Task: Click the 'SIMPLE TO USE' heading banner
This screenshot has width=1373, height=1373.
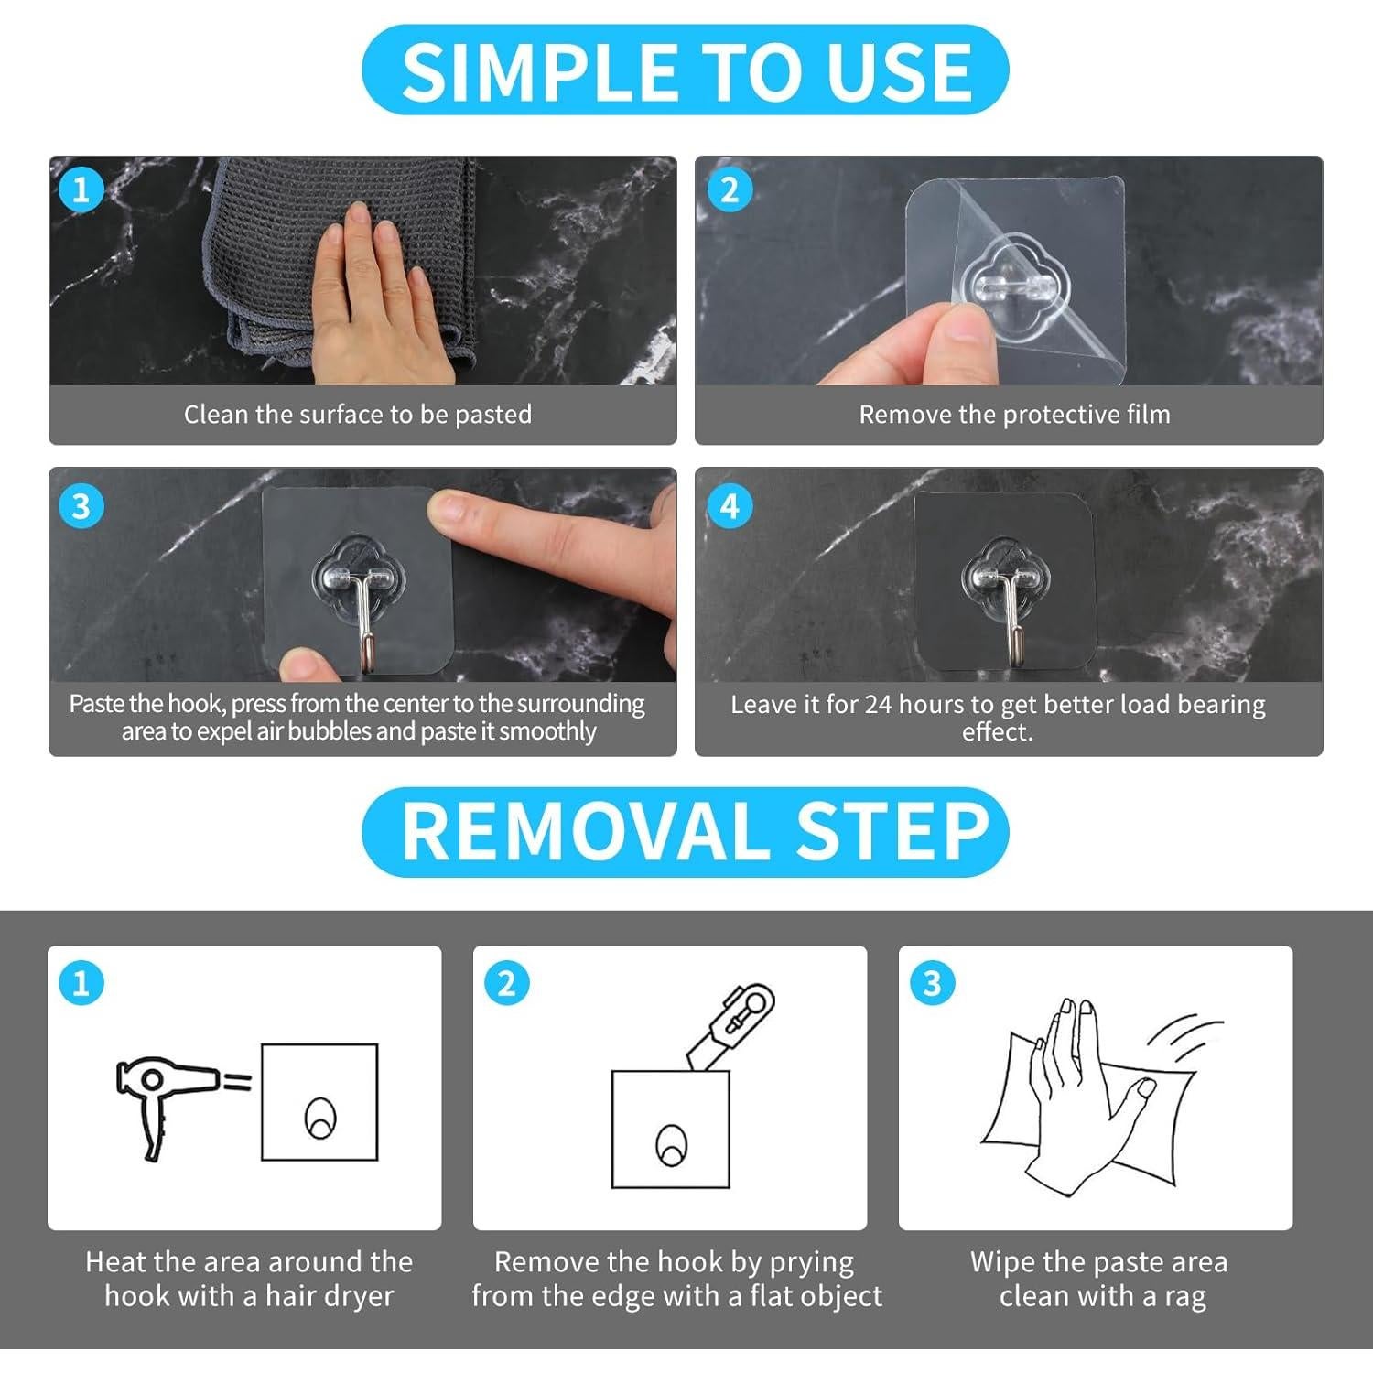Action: coord(685,70)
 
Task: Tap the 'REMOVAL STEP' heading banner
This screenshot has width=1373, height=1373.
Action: coord(685,831)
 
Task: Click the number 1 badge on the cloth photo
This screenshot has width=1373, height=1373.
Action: coord(81,190)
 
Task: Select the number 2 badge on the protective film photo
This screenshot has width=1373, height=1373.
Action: coord(730,190)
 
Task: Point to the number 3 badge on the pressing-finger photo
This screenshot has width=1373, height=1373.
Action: coord(81,506)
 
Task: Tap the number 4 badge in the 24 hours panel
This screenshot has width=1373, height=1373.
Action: coord(730,506)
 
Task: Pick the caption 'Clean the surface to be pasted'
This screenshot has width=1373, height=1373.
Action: coord(358,415)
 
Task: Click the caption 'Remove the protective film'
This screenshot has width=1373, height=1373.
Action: coord(1014,415)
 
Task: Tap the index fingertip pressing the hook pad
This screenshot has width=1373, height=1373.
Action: coord(449,509)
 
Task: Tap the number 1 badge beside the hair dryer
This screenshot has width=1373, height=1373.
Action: coord(81,984)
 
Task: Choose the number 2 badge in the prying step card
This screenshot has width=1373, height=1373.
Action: coord(506,984)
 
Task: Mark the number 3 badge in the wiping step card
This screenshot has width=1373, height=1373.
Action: coord(932,984)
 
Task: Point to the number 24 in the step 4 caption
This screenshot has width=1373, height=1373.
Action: coord(879,705)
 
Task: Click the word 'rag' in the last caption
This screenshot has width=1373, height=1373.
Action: coord(1185,1298)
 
